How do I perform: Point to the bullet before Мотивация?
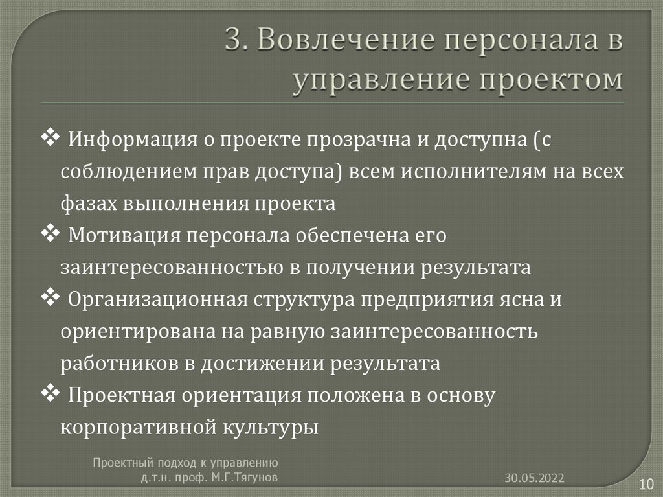51,233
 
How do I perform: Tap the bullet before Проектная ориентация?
51,393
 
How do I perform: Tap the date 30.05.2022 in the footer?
535,478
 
